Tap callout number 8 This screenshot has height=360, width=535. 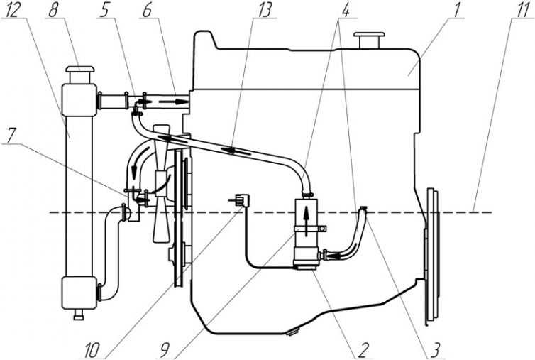53,10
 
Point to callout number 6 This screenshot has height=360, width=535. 147,10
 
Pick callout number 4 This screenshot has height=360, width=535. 345,10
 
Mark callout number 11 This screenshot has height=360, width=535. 523,10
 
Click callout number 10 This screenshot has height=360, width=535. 92,351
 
